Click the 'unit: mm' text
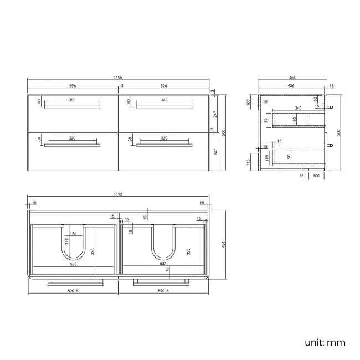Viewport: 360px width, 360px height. pyautogui.click(x=325, y=342)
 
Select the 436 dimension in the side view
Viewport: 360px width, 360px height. pyautogui.click(x=290, y=86)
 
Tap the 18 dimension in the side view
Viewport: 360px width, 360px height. pyautogui.click(x=331, y=86)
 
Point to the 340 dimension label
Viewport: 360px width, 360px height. pyautogui.click(x=299, y=109)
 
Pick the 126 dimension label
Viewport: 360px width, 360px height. pyautogui.click(x=73, y=233)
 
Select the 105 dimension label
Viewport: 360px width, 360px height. pyautogui.click(x=269, y=157)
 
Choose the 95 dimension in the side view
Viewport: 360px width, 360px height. pyautogui.click(x=266, y=120)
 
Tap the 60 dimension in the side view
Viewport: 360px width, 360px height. pyautogui.click(x=316, y=100)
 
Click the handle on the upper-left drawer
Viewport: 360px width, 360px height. pyautogui.click(x=72, y=107)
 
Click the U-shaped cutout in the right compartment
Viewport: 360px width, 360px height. pyautogui.click(x=163, y=246)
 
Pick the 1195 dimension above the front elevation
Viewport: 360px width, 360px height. pyautogui.click(x=119, y=78)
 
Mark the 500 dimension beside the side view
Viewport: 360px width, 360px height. pyautogui.click(x=338, y=133)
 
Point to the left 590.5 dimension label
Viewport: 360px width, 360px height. pyautogui.click(x=73, y=291)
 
